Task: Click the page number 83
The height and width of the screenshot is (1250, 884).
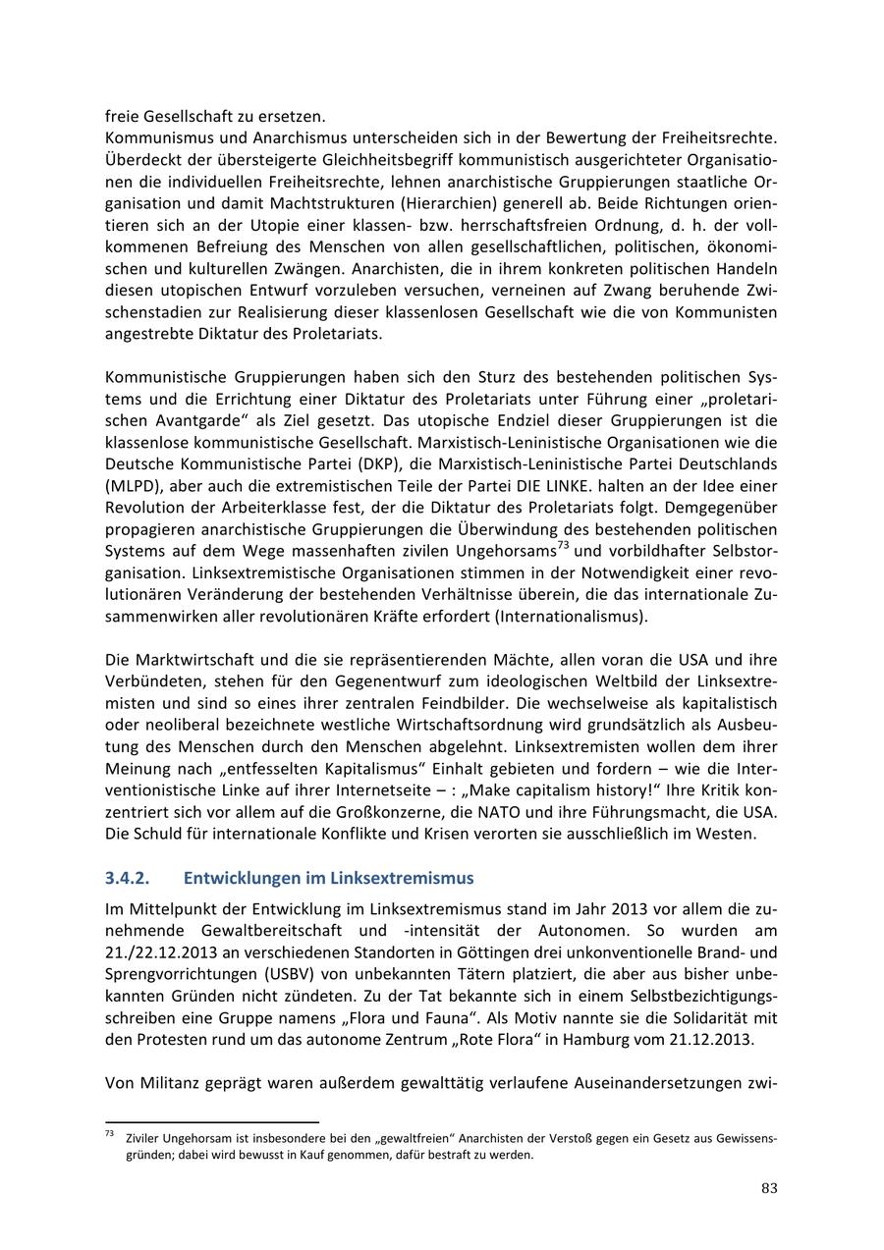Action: click(x=769, y=1188)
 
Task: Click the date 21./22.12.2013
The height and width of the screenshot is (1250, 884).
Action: click(x=167, y=951)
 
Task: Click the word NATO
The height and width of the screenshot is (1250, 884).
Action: click(x=510, y=813)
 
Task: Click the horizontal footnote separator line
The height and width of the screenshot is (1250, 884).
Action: click(x=212, y=1120)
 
